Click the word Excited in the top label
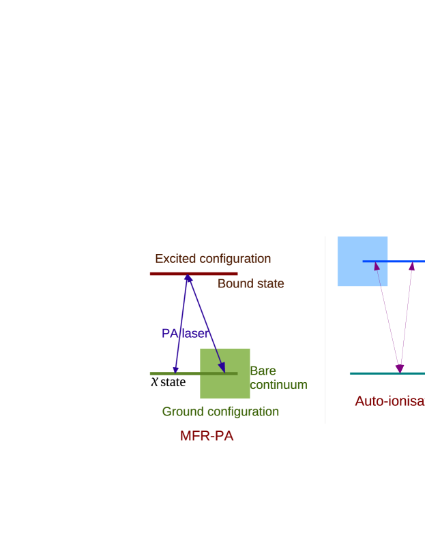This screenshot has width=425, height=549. (175, 259)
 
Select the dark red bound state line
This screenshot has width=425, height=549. (164, 274)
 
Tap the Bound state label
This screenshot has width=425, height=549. (250, 283)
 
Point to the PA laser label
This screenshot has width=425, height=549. (185, 333)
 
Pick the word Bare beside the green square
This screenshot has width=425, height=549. (263, 371)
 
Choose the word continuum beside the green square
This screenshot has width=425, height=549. (278, 385)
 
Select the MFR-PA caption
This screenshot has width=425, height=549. (207, 436)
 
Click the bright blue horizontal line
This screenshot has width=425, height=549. (402, 261)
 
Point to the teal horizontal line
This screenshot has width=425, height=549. (372, 373)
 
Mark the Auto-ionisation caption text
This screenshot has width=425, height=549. (389, 401)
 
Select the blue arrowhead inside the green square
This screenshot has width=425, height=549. (222, 368)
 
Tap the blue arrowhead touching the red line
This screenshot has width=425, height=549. (188, 278)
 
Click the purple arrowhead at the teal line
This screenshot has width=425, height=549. (400, 368)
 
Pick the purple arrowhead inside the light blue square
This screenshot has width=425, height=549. (376, 266)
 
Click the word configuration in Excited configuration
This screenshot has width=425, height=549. (233, 259)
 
